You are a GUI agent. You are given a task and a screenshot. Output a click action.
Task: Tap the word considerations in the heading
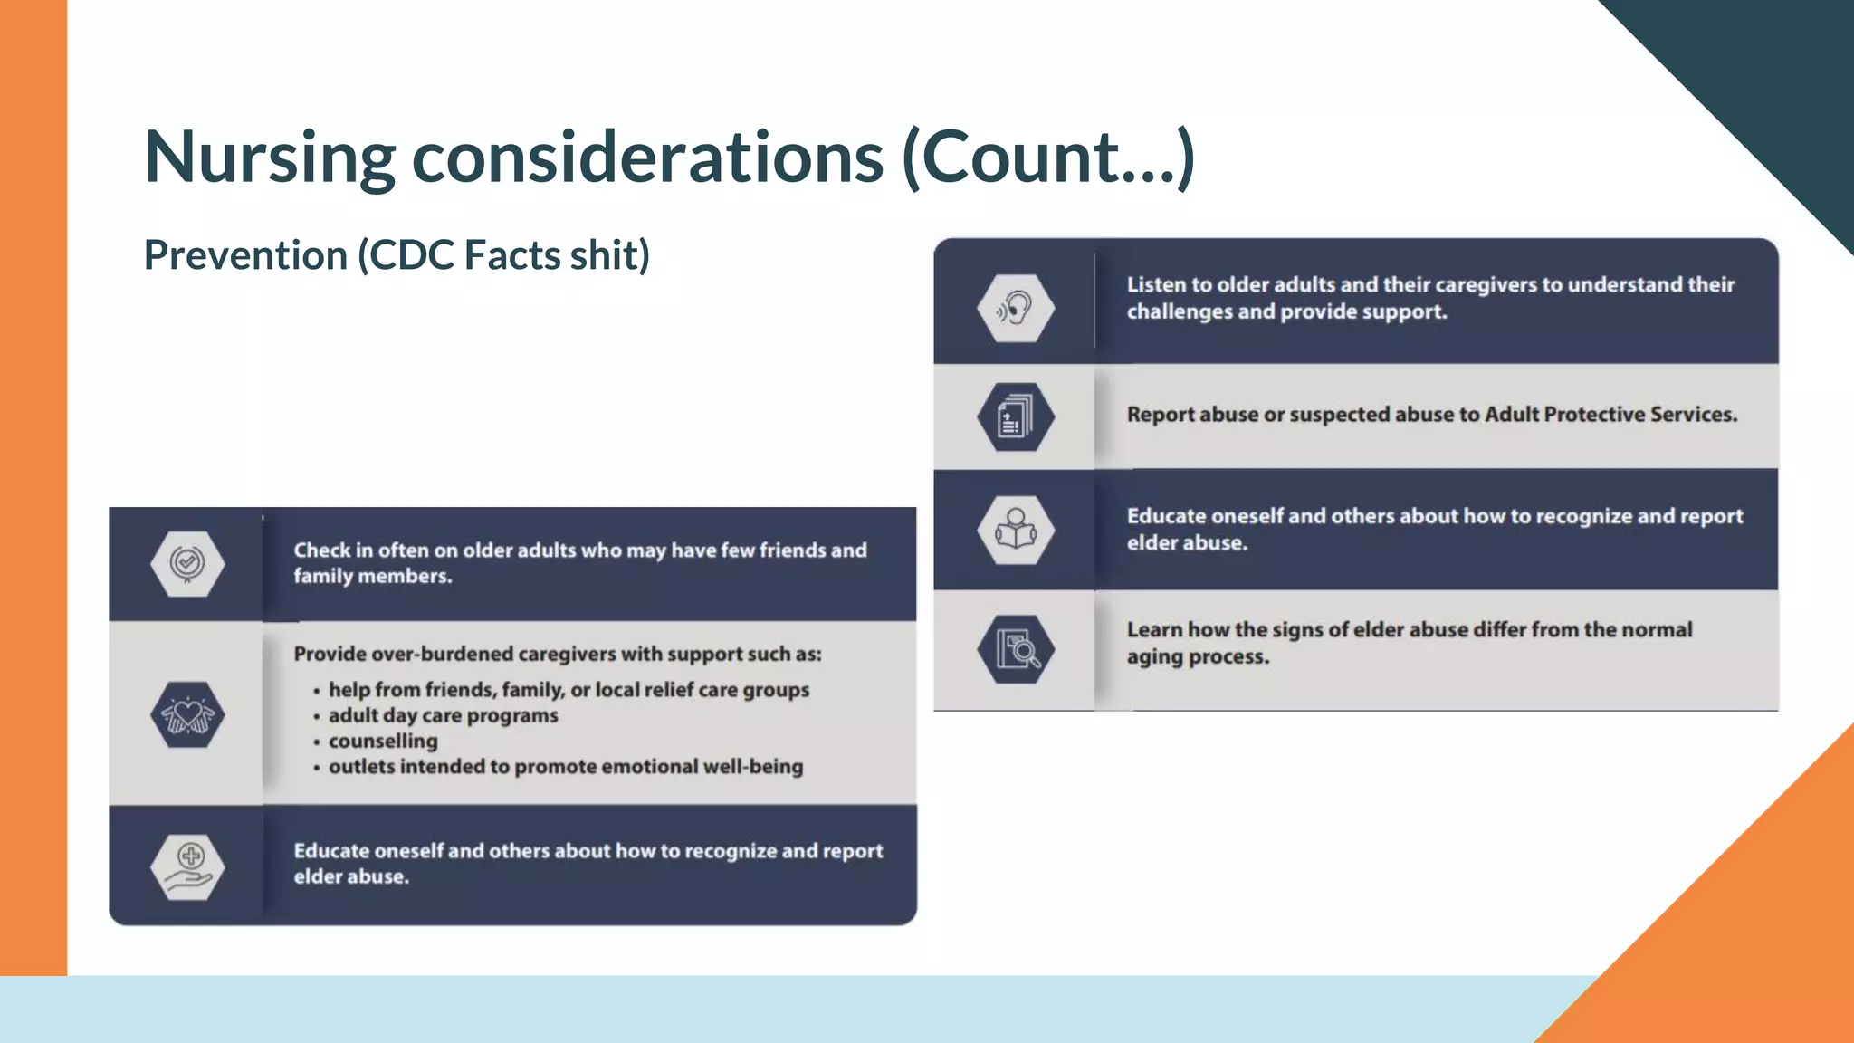tap(647, 158)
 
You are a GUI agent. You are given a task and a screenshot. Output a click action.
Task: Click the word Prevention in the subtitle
tap(245, 255)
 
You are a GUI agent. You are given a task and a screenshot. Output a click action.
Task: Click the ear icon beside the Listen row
tap(1016, 308)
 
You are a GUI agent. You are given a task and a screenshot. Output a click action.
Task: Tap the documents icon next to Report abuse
tap(1016, 417)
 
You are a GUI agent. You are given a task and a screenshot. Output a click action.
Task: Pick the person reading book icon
tap(1016, 530)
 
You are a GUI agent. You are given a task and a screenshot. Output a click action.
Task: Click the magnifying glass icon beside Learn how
tap(1016, 649)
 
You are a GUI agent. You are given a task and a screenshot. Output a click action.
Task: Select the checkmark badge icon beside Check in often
tap(187, 563)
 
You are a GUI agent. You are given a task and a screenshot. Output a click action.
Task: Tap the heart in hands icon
tap(187, 715)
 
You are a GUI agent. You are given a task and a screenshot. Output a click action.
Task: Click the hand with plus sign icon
tap(187, 866)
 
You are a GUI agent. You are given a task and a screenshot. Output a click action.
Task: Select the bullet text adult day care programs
tap(443, 715)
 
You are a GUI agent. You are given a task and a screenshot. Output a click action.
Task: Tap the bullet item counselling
tap(383, 741)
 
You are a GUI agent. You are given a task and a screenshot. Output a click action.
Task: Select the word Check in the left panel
tap(321, 550)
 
